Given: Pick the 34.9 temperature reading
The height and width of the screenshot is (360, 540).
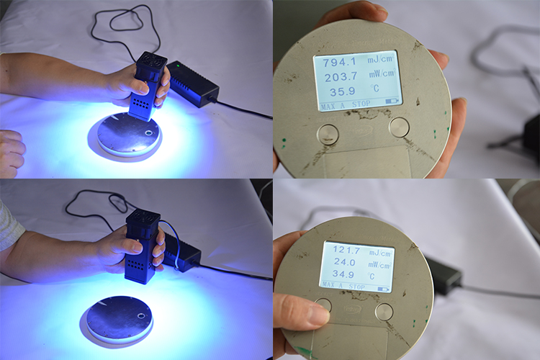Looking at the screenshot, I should pos(347,276).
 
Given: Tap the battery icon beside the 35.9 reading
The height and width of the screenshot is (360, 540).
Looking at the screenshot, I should pos(392,102).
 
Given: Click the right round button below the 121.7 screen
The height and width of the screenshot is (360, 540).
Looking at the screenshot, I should pos(384,311).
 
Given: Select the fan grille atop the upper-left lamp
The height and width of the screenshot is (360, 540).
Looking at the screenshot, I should pos(151,60).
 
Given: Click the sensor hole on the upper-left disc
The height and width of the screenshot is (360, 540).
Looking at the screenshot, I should pos(148,133).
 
